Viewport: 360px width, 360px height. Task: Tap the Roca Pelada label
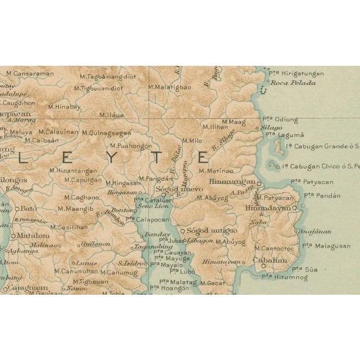[293, 83]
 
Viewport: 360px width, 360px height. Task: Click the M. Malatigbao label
[169, 87]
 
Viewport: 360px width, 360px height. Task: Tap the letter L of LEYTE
[21, 159]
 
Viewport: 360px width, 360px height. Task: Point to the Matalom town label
[29, 236]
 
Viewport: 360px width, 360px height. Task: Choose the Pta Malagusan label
[326, 246]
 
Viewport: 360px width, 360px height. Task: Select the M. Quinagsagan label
[106, 133]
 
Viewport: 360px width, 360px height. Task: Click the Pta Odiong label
[280, 119]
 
